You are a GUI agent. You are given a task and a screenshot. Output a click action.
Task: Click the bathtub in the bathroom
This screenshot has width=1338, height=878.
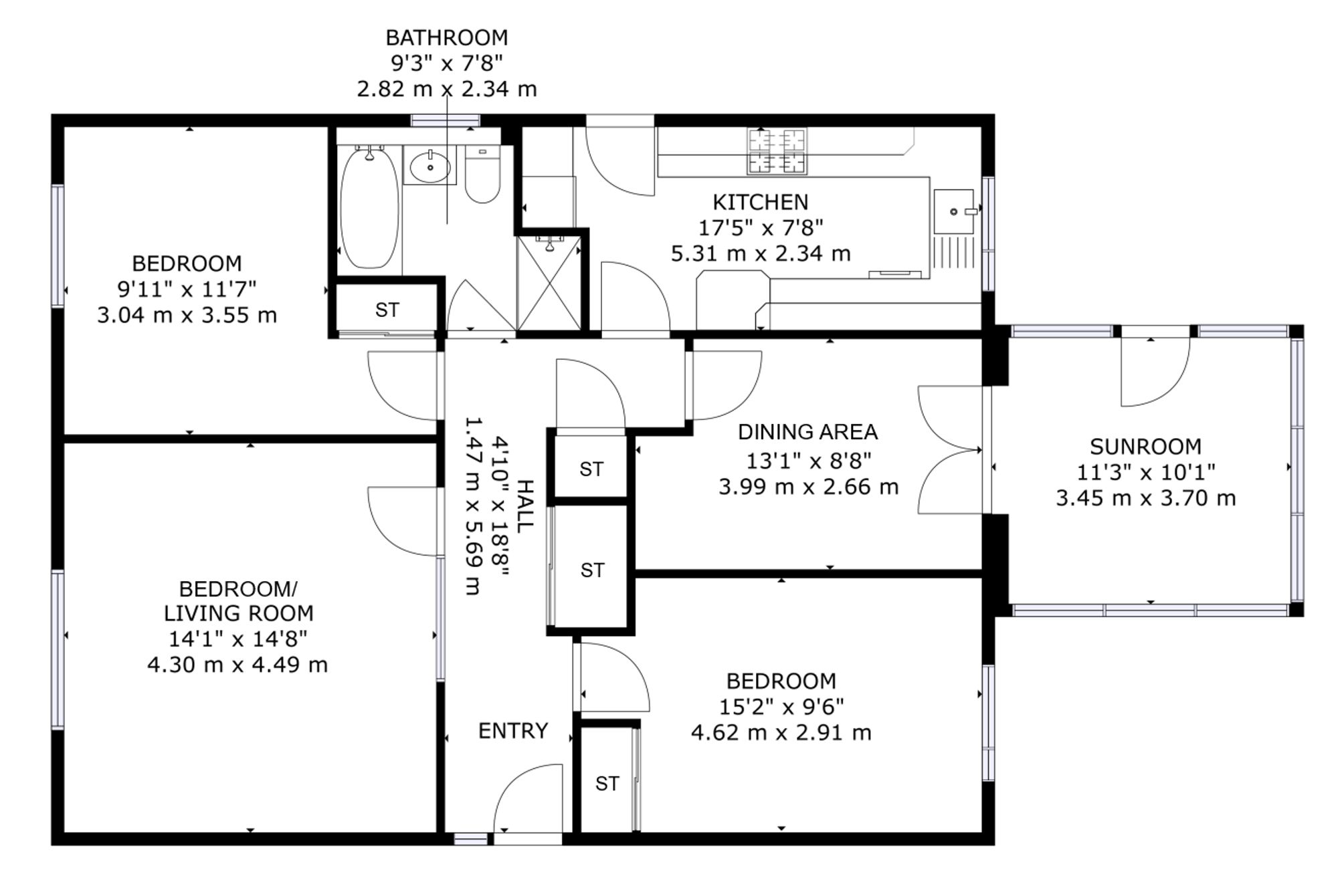point(370,208)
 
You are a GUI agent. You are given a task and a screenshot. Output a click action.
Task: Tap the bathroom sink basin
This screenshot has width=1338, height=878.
point(429,166)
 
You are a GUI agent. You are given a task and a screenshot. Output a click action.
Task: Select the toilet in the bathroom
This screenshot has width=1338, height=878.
point(482,175)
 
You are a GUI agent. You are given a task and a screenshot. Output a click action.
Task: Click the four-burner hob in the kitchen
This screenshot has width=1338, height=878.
point(777,152)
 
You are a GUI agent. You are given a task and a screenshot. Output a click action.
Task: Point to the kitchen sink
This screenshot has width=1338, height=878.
point(953,211)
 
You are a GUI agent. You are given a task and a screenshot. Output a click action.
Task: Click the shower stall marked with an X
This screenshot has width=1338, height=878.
point(550,283)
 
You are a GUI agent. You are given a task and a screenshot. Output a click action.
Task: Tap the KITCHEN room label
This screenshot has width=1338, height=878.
point(760,202)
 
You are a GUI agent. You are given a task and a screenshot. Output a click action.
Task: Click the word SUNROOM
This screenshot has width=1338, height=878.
point(1145,446)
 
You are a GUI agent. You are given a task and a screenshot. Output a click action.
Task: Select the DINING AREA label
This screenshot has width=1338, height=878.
point(807,432)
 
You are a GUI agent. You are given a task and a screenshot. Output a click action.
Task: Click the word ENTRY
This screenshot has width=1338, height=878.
point(513,730)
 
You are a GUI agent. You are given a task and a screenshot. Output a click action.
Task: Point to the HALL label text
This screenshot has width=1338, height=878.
point(526,506)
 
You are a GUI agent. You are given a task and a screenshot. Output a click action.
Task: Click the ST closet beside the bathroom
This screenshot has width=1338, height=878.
point(387,310)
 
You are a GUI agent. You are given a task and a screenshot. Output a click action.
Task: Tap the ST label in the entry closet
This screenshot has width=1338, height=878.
point(607,783)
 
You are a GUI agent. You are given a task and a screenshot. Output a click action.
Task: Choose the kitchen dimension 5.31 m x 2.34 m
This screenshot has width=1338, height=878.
point(761,253)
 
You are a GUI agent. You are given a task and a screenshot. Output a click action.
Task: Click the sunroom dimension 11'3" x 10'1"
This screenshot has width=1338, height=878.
point(1145,472)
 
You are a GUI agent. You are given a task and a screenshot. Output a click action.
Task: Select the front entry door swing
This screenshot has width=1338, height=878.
point(528,798)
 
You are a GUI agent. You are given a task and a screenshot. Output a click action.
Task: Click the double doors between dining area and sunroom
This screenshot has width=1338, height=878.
point(950,449)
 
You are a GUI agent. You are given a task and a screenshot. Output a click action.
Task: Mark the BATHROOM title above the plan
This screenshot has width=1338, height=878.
point(446,37)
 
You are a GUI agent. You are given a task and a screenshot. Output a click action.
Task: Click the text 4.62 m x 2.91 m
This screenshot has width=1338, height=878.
point(781,732)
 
